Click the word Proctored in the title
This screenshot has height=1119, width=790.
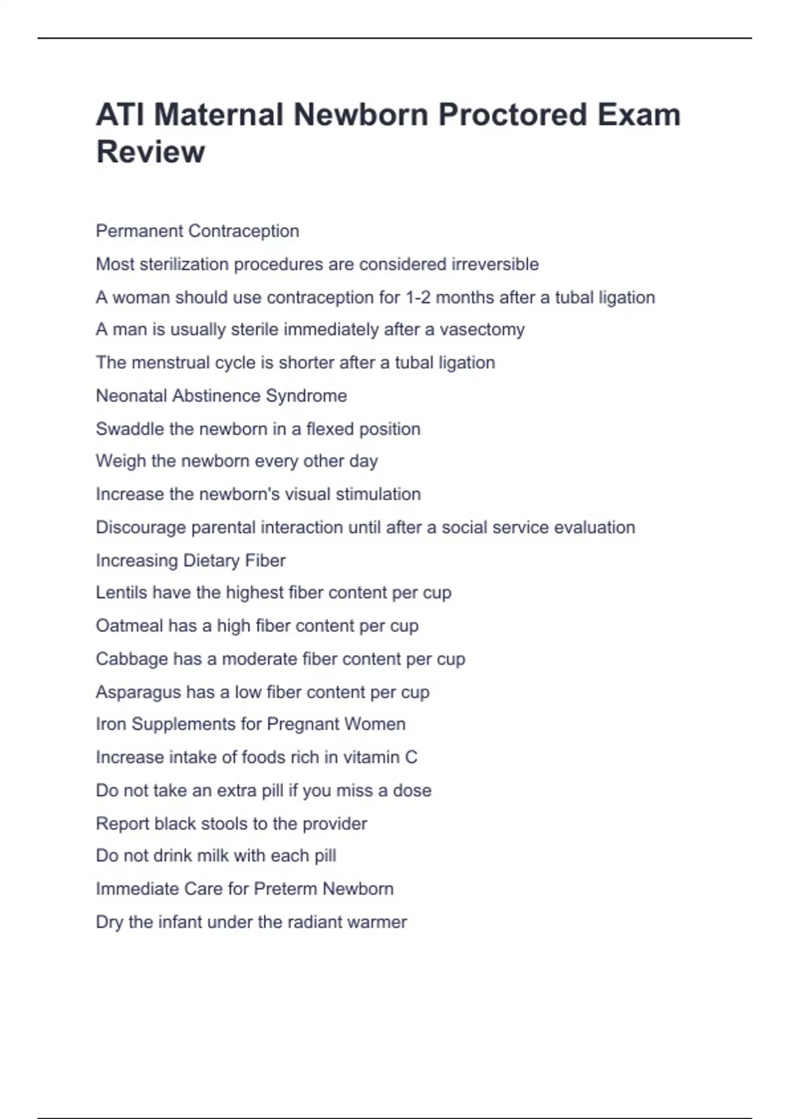[x=512, y=115]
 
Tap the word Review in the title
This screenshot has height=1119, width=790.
[x=151, y=152]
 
